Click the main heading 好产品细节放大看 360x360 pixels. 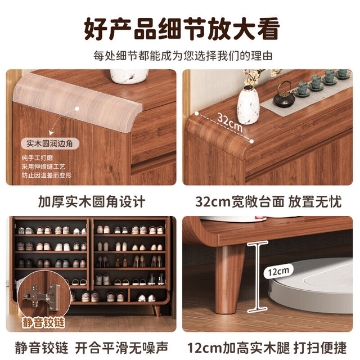182,29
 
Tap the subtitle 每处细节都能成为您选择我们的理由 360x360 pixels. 183,56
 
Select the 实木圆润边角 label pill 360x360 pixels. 50,144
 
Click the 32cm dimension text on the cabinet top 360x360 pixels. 229,123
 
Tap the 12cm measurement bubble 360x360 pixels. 278,272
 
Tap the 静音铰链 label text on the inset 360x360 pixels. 43,322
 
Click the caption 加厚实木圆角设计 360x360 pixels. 91,202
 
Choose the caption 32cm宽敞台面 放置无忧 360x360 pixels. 268,202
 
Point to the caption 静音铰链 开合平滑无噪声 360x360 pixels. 91,348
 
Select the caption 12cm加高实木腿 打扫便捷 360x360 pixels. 267,348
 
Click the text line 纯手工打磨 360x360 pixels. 37,158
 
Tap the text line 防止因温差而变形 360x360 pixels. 47,175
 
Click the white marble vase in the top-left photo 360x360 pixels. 129,76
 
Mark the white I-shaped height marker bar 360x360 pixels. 258,277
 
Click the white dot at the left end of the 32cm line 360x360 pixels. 196,114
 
